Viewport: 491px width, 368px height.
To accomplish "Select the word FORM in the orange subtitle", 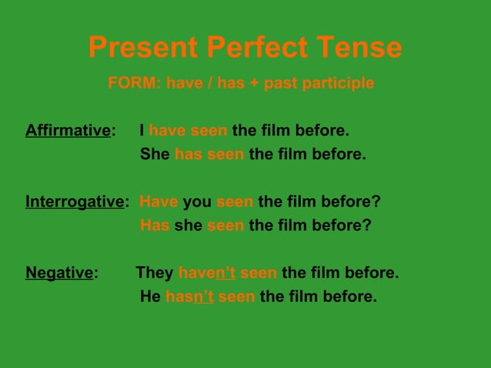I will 133,82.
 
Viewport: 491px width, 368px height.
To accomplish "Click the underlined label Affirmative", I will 68,129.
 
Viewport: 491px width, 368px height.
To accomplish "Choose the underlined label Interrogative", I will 75,202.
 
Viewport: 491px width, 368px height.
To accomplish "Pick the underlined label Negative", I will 59,273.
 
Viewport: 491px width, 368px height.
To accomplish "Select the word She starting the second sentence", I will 155,154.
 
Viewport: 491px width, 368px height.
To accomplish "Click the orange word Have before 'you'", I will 159,202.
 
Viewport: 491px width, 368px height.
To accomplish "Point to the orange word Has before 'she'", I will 155,226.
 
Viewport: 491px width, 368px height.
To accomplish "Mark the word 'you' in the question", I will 197,202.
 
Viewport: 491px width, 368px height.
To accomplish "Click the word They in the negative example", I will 155,273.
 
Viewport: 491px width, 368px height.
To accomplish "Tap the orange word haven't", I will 207,273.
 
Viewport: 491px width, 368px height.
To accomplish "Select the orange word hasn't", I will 189,296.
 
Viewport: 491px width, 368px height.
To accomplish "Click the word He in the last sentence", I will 150,296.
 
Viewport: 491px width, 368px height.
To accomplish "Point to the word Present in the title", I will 143,49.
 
